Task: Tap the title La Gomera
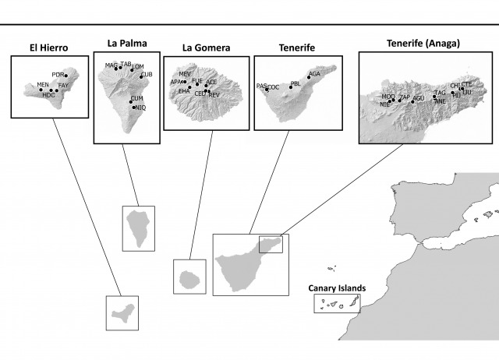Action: (x=206, y=48)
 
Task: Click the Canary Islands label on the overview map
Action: (x=336, y=288)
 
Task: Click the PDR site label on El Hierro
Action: (x=57, y=75)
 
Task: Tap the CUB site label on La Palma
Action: (x=147, y=75)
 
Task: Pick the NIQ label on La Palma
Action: (x=140, y=108)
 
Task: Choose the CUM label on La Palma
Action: (x=137, y=98)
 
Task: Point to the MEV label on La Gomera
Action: (x=185, y=73)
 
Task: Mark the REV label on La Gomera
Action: (x=214, y=94)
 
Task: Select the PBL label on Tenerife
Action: (x=296, y=82)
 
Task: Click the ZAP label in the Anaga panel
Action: (x=404, y=97)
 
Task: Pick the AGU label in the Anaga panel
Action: (x=418, y=98)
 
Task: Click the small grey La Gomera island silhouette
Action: (x=189, y=277)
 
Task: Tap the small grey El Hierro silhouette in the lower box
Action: (x=122, y=314)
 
